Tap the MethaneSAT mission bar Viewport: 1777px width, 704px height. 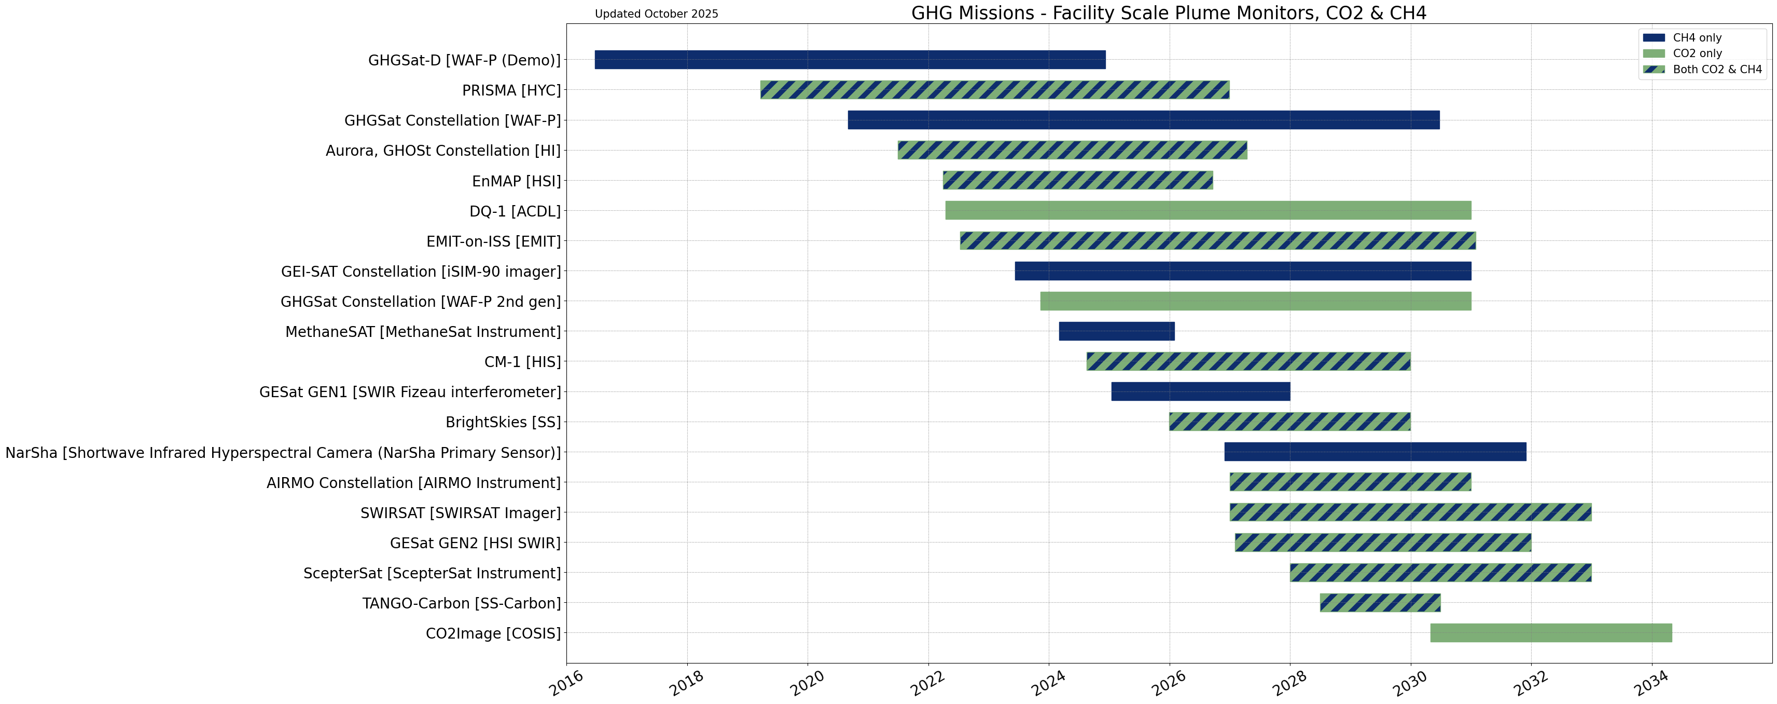coord(1116,331)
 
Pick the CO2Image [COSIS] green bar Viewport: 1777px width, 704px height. coord(1551,633)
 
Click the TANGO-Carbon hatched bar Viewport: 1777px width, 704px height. coord(1380,603)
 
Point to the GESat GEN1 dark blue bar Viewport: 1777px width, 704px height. coord(1200,391)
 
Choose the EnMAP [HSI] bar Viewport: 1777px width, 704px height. coord(1077,180)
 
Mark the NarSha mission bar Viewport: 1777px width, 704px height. coord(1375,452)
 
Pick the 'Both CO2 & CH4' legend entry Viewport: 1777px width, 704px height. coord(1716,69)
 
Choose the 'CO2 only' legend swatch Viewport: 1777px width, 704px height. coord(1654,53)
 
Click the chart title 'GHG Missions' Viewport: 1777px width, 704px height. coord(1169,13)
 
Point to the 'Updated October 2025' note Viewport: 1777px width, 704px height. coord(656,14)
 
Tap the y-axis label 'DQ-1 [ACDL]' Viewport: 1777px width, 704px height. coord(515,211)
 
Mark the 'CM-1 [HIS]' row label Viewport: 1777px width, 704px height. coord(522,362)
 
